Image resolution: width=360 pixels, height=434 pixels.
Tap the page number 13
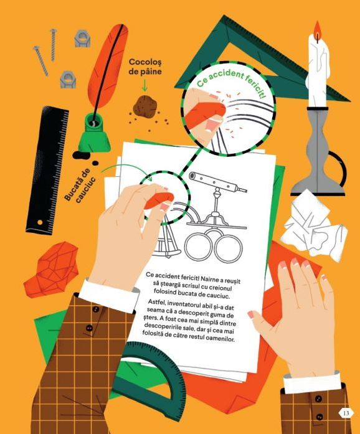(346, 413)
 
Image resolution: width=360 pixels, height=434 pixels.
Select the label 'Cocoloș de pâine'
(145, 67)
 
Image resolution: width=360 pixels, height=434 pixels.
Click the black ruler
(47, 170)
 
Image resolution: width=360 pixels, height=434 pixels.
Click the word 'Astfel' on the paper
(156, 301)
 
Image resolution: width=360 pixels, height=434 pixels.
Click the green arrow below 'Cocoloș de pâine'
(144, 85)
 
